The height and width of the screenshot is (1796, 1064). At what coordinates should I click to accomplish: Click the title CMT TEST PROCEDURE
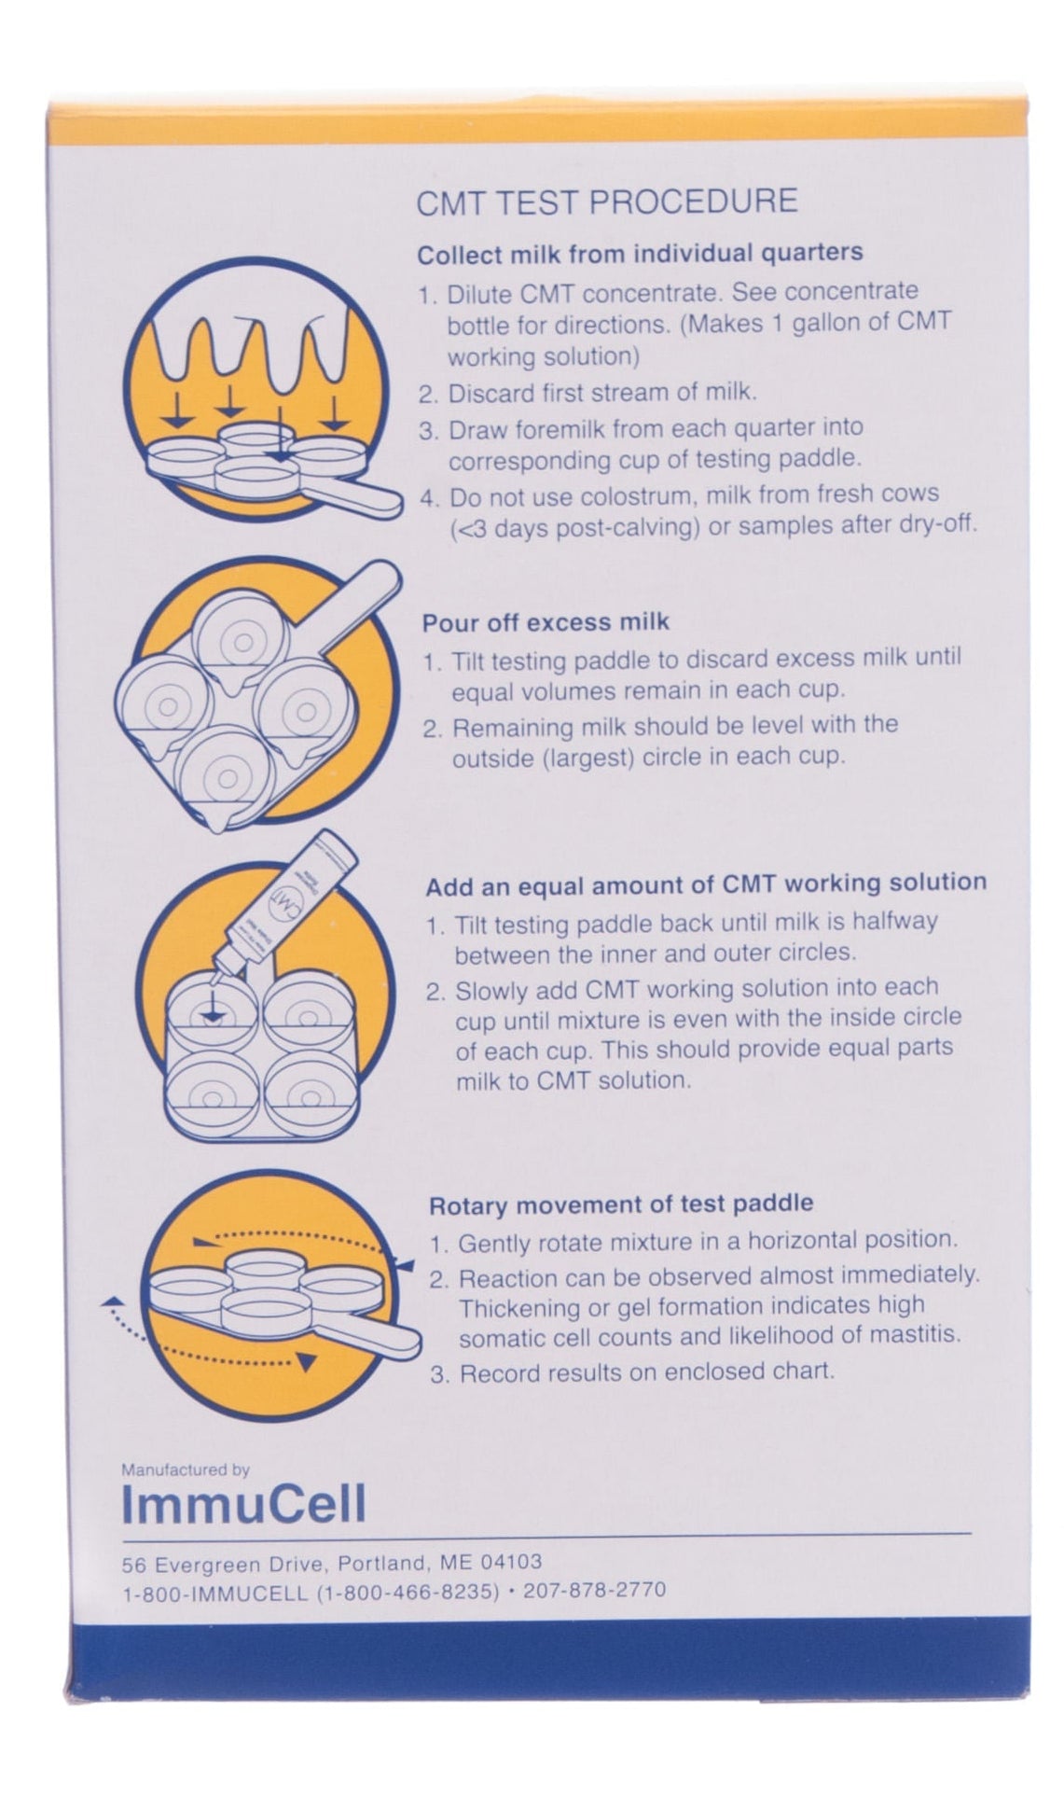pyautogui.click(x=606, y=202)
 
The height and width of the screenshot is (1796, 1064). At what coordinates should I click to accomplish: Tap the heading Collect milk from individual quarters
pyautogui.click(x=640, y=254)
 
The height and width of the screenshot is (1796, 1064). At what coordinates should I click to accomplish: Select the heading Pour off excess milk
pyautogui.click(x=546, y=622)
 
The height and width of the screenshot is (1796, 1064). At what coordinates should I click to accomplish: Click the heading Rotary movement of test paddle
pyautogui.click(x=620, y=1204)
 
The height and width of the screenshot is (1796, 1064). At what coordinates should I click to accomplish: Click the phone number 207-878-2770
pyautogui.click(x=594, y=1590)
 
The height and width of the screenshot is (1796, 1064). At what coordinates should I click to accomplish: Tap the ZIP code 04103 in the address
pyautogui.click(x=508, y=1562)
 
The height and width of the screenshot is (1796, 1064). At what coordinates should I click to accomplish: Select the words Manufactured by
pyautogui.click(x=186, y=1470)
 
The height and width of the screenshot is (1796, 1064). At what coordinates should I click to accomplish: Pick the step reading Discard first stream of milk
pyautogui.click(x=601, y=393)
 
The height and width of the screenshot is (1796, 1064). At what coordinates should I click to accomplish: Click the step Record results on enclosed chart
pyautogui.click(x=645, y=1372)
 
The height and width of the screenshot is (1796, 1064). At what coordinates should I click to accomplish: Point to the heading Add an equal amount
pyautogui.click(x=705, y=884)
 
